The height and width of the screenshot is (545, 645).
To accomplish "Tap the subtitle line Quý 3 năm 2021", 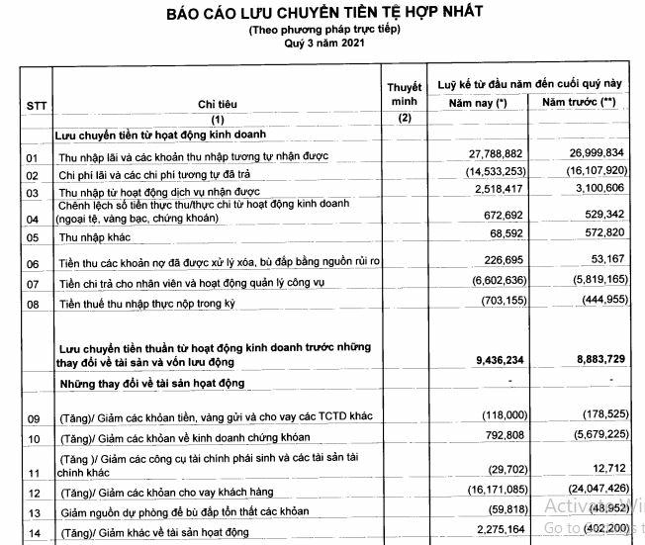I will (324, 45).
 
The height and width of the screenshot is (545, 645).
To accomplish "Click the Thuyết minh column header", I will (403, 94).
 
